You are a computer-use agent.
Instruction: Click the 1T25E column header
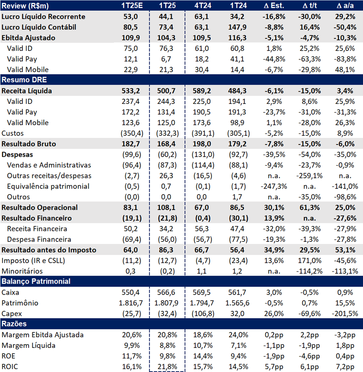click(132, 5)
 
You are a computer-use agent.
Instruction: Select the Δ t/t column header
click(310, 5)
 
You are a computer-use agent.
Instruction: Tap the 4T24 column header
click(203, 5)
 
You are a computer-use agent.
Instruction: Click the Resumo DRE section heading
click(24, 80)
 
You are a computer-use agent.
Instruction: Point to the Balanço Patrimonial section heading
click(36, 282)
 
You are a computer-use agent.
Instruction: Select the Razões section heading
click(14, 324)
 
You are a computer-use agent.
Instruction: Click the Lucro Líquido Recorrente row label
click(43, 17)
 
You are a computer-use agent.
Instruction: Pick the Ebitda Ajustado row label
click(28, 38)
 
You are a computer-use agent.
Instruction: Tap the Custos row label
click(13, 133)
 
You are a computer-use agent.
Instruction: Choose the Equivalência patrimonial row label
click(48, 187)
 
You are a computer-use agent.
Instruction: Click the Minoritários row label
click(22, 271)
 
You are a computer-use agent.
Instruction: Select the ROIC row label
click(10, 367)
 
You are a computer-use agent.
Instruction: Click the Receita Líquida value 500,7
click(166, 91)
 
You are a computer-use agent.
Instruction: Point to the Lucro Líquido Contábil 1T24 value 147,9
click(237, 27)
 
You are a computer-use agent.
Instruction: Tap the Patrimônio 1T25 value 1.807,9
click(166, 303)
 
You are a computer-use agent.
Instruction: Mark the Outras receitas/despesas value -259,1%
click(310, 176)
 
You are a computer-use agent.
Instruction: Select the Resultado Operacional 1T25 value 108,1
click(166, 207)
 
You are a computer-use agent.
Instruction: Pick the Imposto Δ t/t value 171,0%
click(310, 261)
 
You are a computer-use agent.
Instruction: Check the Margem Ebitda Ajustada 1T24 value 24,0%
click(238, 335)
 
